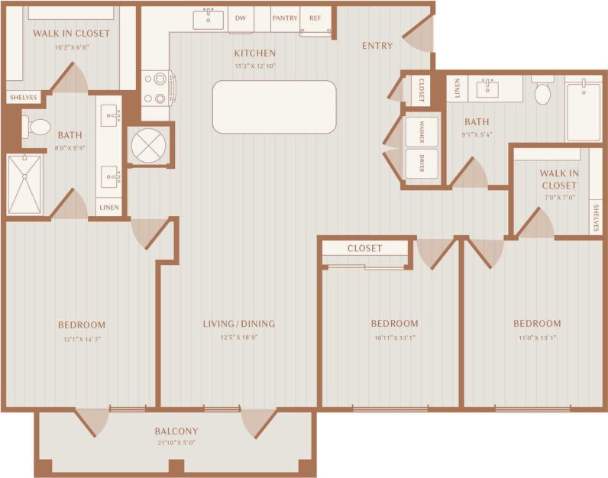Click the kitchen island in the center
(274, 107)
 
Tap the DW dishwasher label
(241, 18)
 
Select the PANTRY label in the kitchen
(284, 18)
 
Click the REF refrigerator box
(315, 18)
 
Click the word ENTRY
(377, 46)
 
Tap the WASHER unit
(422, 131)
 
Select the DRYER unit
(422, 163)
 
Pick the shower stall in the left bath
(25, 185)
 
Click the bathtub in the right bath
(583, 111)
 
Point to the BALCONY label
(176, 431)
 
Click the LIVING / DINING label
(239, 324)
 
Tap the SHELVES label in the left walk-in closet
(23, 98)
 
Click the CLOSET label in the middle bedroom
(364, 248)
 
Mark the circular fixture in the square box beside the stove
(148, 144)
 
